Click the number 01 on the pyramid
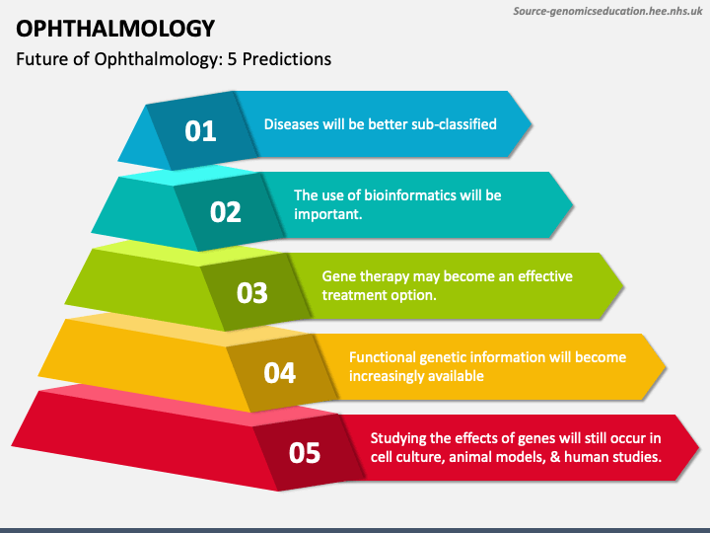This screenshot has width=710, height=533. [x=200, y=130]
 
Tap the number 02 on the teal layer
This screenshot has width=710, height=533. [x=226, y=211]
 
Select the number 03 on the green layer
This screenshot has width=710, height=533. [x=252, y=292]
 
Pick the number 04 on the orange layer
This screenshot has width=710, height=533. [x=279, y=372]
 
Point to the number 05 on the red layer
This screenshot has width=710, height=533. [x=305, y=453]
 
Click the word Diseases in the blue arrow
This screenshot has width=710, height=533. [x=293, y=124]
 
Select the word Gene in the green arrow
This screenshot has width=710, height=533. [x=338, y=276]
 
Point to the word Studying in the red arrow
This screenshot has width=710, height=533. [x=400, y=438]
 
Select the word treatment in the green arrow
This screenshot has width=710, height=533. [x=355, y=295]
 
